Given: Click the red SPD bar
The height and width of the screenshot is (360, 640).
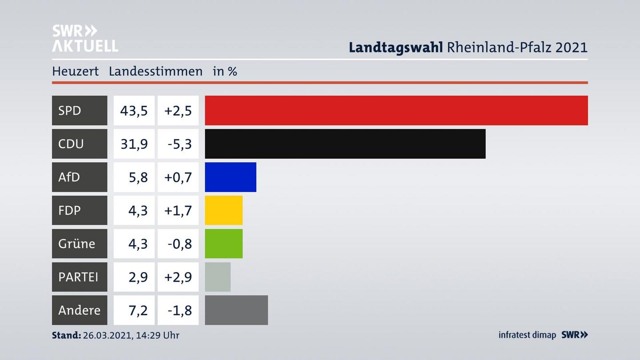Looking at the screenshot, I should pos(396,110).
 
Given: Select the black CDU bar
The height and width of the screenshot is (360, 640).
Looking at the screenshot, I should pos(345,144).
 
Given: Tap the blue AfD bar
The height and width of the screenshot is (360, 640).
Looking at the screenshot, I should pos(230,177).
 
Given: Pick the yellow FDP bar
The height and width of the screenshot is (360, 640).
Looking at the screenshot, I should pos(224,210).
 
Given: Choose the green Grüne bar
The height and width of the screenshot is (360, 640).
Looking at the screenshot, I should pos(224,244).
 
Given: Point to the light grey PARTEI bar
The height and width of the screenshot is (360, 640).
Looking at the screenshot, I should pos(217,277).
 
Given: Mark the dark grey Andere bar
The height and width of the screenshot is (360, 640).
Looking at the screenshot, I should pos(236,310).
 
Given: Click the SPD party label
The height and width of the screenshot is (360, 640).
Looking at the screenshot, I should pos(70,110).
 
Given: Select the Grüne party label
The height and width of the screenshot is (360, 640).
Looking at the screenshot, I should pos(76,244).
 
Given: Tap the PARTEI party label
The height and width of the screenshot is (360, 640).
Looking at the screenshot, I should pos(78,277).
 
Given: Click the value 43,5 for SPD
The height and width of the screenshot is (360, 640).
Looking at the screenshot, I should pos(134,110).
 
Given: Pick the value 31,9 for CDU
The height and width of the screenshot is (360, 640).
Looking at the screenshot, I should pos(134,144).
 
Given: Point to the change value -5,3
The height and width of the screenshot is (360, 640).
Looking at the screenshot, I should pos(180,144).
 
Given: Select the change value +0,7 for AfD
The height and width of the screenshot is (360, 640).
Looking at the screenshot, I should pos(178,177).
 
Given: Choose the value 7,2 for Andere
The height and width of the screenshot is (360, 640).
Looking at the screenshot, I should pos(138,310).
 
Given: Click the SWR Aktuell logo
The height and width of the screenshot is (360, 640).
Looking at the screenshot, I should pos(85,38).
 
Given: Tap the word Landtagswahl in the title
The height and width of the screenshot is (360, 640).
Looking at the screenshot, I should pos(396,47).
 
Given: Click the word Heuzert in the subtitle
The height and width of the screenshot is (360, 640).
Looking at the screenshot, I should pos(75,71).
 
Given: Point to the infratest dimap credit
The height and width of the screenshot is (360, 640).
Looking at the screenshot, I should pos(527,335).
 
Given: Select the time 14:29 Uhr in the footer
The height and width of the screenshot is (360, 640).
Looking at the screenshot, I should pos(159,335).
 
